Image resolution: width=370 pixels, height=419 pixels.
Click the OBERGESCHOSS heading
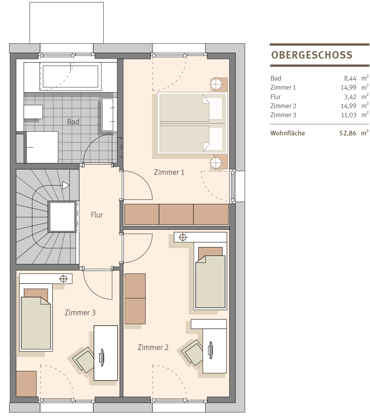coord(312,55)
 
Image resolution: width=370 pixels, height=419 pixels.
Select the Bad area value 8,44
coord(350,78)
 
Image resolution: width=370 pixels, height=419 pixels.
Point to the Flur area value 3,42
coord(350,97)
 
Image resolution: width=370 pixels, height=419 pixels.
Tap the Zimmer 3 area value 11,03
coord(349,115)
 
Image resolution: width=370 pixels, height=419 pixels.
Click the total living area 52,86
coord(348,133)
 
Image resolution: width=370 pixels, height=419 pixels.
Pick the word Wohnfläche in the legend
coord(288,133)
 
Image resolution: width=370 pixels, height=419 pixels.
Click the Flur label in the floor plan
coord(97,215)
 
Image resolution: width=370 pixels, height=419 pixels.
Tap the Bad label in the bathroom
coord(73,122)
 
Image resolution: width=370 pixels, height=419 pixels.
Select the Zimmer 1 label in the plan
coord(169,172)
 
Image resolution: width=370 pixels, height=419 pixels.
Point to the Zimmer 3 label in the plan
coord(80,313)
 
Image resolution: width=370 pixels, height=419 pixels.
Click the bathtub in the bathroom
coord(70,76)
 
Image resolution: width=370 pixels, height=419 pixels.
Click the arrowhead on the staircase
coord(66,185)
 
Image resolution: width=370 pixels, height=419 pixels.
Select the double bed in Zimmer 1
coord(192,123)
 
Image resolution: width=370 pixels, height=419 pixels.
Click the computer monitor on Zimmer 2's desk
coord(211,350)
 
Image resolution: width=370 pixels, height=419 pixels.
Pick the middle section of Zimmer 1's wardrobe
coord(176,214)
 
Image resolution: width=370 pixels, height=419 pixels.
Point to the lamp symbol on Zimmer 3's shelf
coord(64,279)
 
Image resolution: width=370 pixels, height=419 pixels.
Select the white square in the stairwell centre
coord(62,217)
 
